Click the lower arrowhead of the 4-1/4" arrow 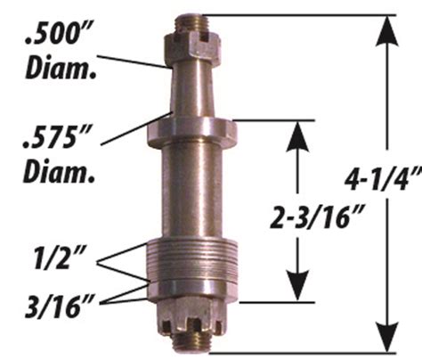pos(385,339)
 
